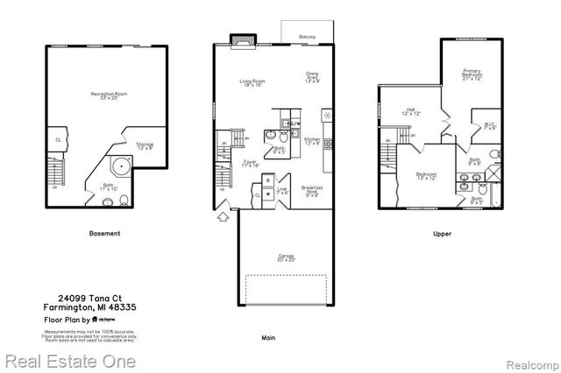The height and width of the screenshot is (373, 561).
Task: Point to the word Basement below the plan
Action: point(105,234)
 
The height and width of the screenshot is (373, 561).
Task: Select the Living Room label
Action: point(252,83)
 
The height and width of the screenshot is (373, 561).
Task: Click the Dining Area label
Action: point(312,77)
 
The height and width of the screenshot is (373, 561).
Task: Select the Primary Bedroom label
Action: point(472,75)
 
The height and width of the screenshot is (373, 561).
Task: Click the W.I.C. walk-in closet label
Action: point(489,125)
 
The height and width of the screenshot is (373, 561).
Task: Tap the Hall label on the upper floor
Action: point(412,113)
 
